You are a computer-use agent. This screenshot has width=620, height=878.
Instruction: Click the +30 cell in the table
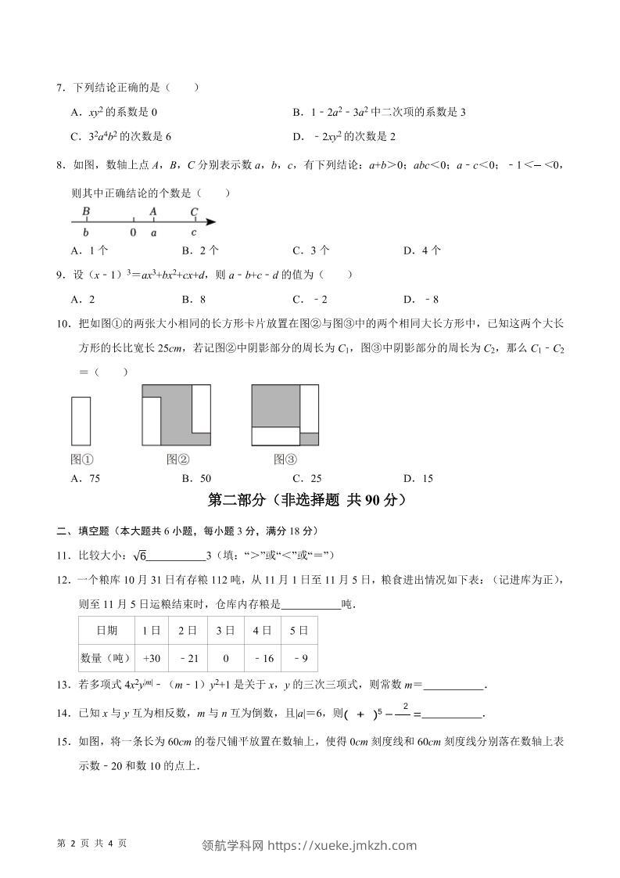pyautogui.click(x=151, y=658)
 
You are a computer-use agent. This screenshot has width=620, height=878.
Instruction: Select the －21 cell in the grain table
pyautogui.click(x=187, y=658)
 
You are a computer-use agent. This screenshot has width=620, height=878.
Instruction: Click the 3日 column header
pyautogui.click(x=225, y=630)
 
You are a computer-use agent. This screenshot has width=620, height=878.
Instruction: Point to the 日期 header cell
pyautogui.click(x=106, y=630)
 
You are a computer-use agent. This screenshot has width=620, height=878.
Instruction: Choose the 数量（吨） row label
pyautogui.click(x=106, y=658)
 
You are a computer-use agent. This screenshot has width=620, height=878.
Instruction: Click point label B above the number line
pyautogui.click(x=86, y=211)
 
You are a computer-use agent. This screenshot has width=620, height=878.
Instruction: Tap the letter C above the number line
pyautogui.click(x=194, y=211)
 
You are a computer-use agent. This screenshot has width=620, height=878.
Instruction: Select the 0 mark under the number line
pyautogui.click(x=133, y=232)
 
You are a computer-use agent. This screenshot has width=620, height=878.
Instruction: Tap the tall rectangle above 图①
pyautogui.click(x=82, y=421)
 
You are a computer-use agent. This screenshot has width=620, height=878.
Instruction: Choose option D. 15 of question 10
pyautogui.click(x=418, y=478)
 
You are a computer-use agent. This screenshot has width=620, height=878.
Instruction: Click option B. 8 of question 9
pyautogui.click(x=194, y=299)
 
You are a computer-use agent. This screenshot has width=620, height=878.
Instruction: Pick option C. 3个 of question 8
pyautogui.click(x=310, y=250)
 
